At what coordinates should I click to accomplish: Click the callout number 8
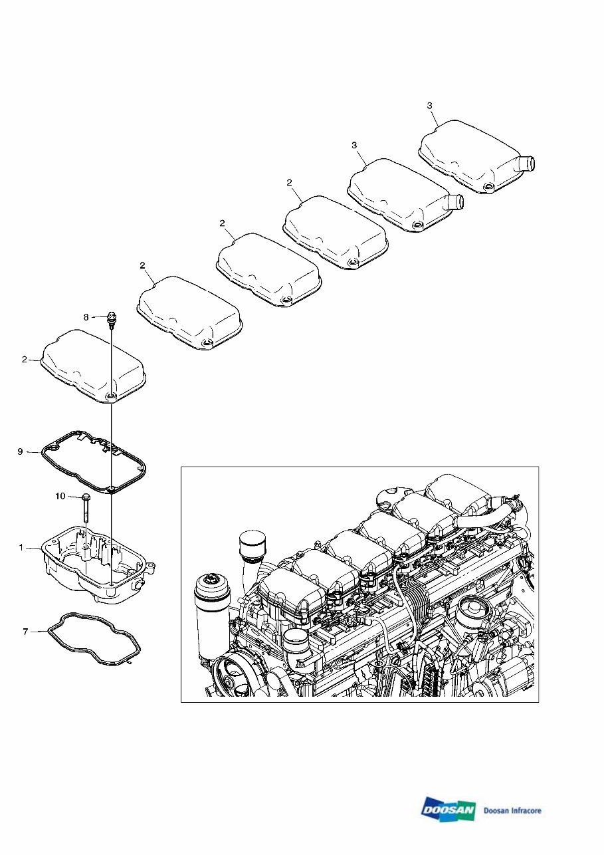(86, 318)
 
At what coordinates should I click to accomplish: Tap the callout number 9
(20, 452)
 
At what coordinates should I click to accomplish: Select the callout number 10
(60, 496)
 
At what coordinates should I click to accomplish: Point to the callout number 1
(21, 547)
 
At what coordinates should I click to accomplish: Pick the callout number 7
(25, 631)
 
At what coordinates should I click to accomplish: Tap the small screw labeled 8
(112, 320)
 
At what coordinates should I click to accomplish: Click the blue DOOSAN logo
(449, 810)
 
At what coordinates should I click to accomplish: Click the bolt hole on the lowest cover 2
(111, 397)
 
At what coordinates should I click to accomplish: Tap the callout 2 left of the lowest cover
(24, 360)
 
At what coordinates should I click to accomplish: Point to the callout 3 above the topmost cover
(429, 106)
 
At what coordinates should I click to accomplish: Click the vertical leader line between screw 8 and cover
(112, 359)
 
